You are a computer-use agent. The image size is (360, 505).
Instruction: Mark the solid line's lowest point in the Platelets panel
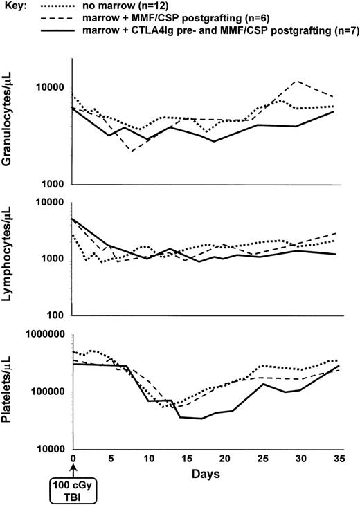click(201, 419)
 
